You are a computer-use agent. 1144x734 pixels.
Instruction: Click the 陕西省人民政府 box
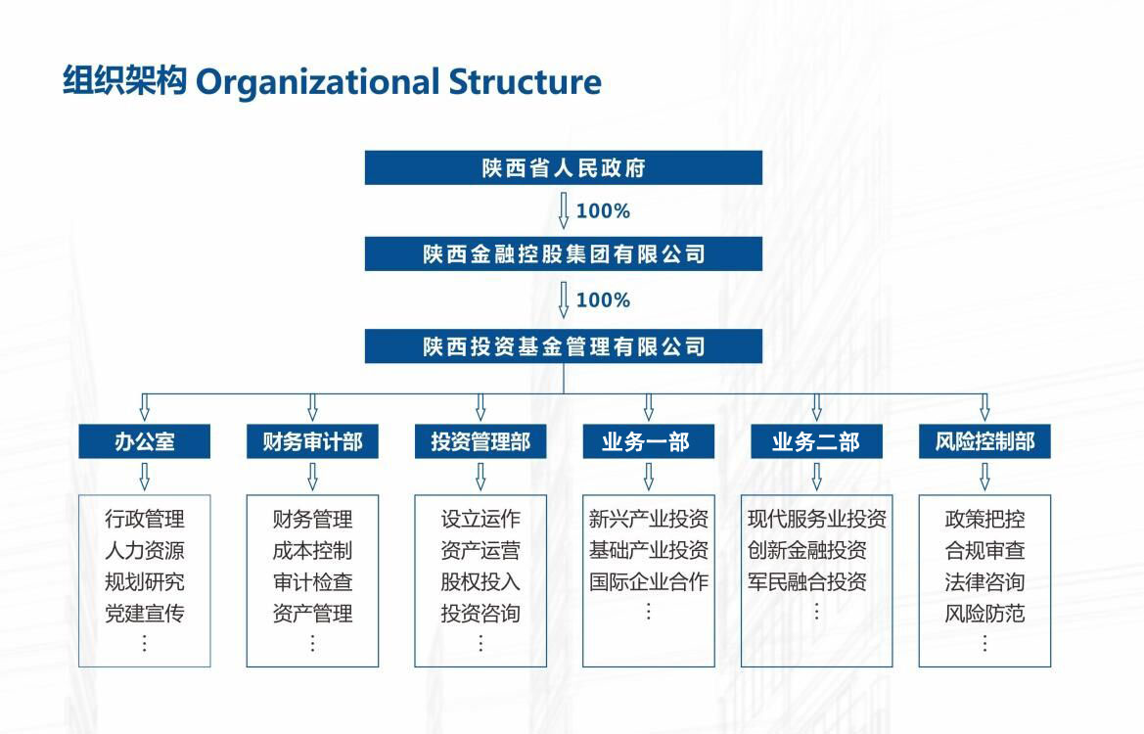(564, 167)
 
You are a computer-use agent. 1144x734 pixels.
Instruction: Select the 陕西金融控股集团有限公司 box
(564, 253)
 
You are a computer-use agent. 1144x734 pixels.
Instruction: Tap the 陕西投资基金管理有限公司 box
(564, 345)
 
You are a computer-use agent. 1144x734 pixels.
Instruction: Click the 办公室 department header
(145, 441)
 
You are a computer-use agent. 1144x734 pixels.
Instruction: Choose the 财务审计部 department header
(312, 441)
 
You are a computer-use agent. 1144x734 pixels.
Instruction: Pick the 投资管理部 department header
(480, 441)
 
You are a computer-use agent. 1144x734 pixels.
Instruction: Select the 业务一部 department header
(648, 441)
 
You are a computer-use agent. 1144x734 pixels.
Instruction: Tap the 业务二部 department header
(816, 441)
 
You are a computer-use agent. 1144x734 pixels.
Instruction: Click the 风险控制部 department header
(984, 441)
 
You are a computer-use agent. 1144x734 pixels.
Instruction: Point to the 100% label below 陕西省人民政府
(603, 211)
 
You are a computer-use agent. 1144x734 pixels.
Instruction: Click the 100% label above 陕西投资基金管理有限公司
(603, 300)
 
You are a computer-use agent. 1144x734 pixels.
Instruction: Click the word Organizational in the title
(317, 82)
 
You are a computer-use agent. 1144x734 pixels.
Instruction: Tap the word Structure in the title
(526, 81)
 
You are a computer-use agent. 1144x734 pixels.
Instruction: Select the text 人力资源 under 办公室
(145, 550)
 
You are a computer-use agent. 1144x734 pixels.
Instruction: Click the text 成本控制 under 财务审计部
(312, 550)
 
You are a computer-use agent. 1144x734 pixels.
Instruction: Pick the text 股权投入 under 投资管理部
(480, 581)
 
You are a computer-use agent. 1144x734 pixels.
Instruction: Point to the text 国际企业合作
(649, 581)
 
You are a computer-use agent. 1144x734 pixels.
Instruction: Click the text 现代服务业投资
(817, 519)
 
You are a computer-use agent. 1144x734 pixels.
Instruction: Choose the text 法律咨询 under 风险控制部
(984, 581)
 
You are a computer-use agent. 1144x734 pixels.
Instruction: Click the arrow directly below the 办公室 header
(145, 477)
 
